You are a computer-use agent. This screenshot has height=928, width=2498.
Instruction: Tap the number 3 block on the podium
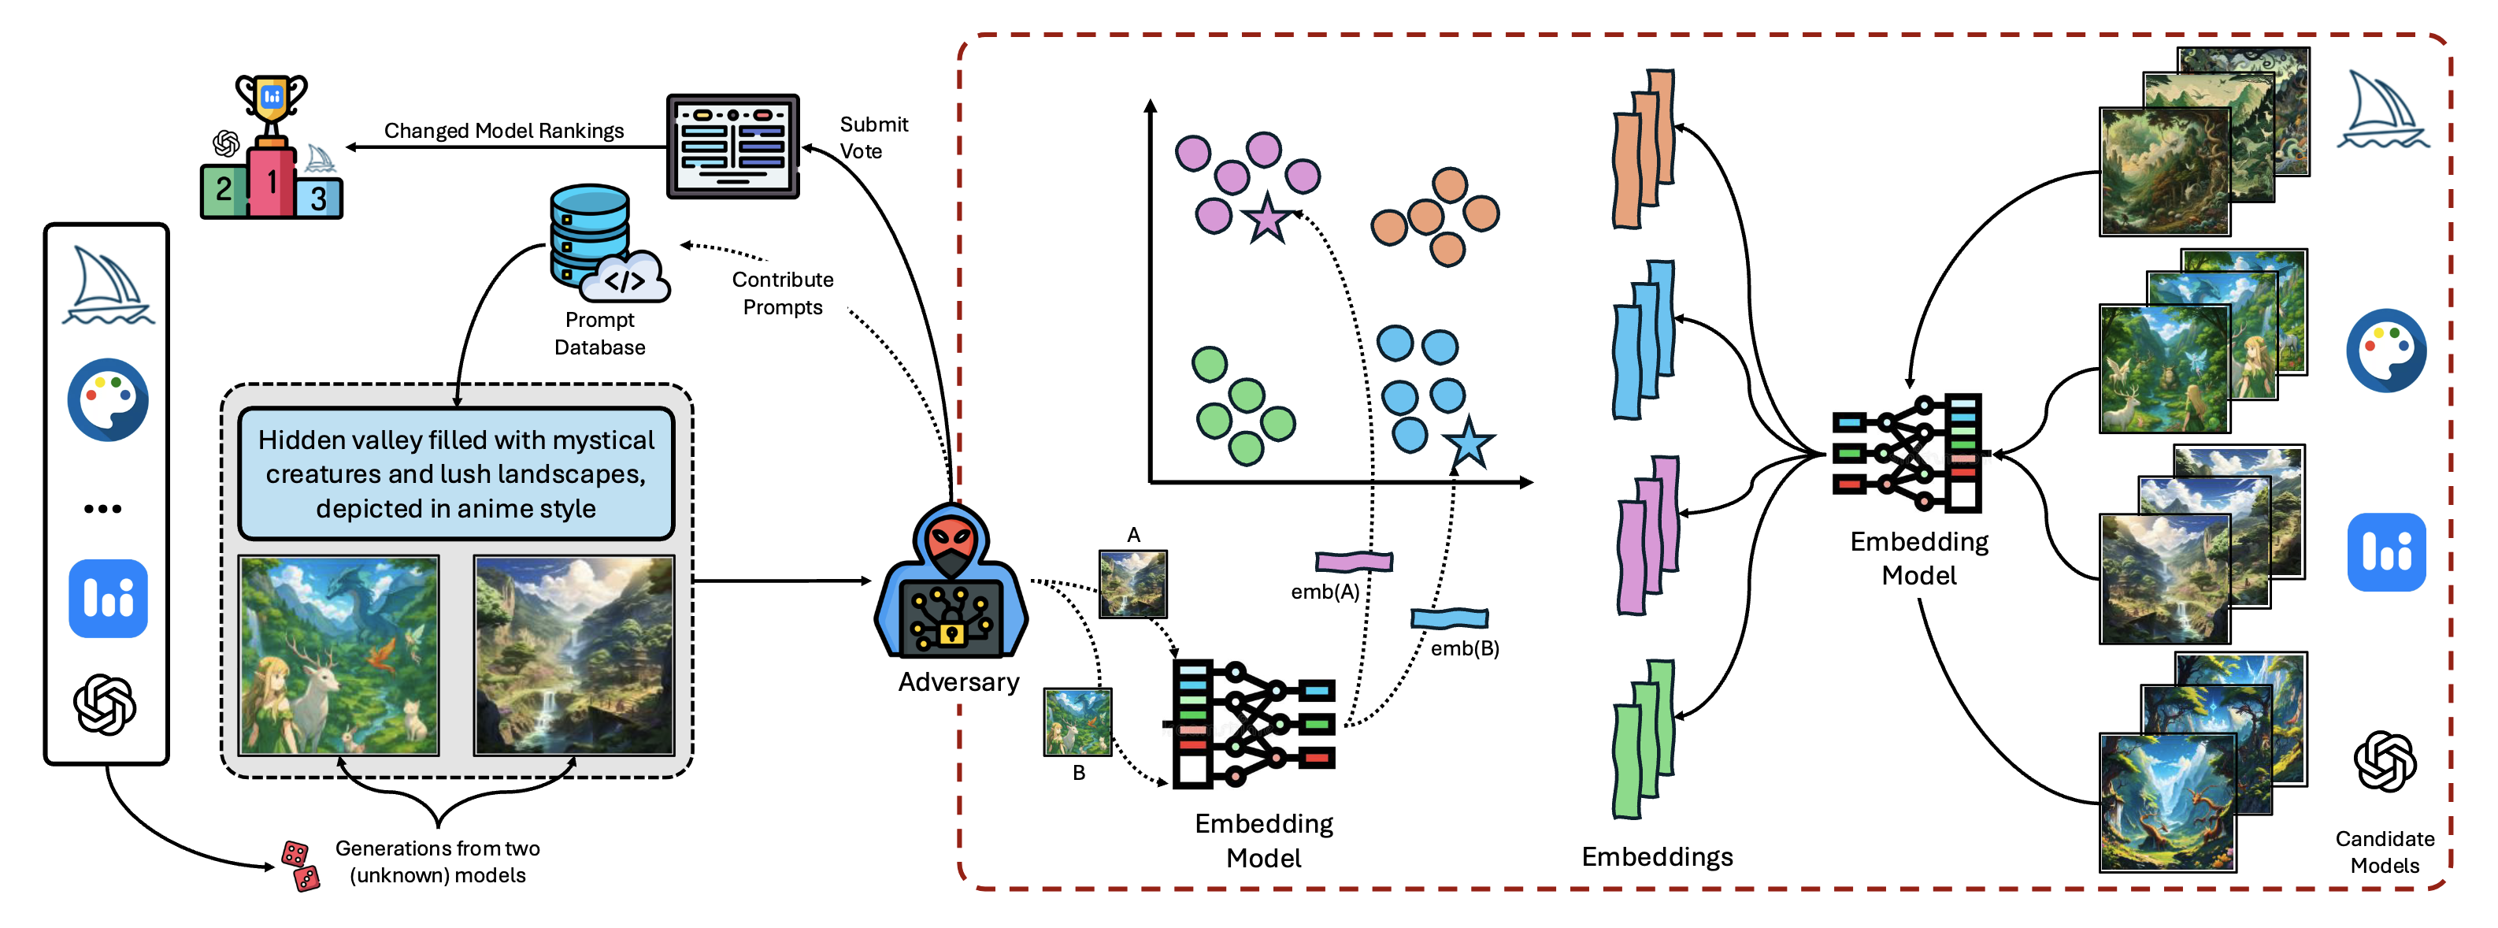(x=319, y=198)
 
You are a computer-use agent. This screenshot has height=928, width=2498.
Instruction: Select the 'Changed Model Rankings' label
(x=503, y=130)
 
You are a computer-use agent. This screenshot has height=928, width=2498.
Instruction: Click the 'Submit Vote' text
(x=873, y=137)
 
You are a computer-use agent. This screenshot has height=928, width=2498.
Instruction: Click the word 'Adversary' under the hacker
(x=958, y=681)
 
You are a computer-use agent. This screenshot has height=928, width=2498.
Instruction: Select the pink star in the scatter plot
(x=1266, y=218)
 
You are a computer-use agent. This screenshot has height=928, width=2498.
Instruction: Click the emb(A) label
(x=1325, y=592)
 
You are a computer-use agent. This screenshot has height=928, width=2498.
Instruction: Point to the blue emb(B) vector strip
(x=1449, y=618)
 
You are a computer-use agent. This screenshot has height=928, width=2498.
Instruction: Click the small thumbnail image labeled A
(x=1132, y=584)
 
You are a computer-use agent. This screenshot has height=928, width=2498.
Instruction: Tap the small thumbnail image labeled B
(x=1077, y=722)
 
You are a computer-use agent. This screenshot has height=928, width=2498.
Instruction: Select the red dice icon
(x=299, y=865)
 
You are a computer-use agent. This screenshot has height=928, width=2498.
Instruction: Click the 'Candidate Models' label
(x=2384, y=852)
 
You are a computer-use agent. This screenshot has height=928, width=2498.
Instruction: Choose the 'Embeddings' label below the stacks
(x=1656, y=856)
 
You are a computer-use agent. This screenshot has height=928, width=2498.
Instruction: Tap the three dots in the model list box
(x=103, y=508)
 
